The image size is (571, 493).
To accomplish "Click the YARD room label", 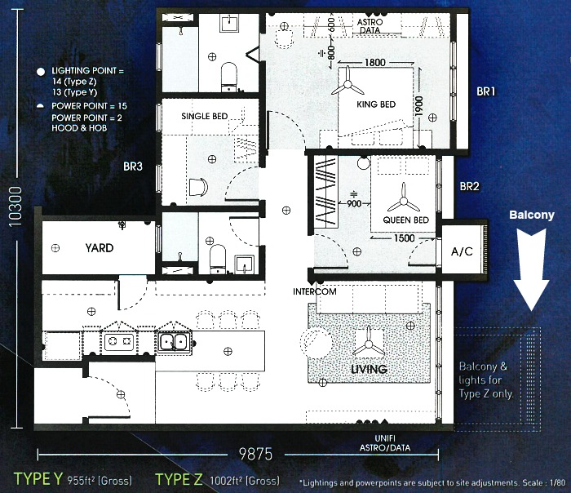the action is pyautogui.click(x=100, y=248).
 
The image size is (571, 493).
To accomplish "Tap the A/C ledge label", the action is pyautogui.click(x=462, y=251).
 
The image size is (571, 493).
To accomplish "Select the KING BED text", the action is pyautogui.click(x=376, y=104).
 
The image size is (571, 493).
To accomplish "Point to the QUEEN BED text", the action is pyautogui.click(x=406, y=220).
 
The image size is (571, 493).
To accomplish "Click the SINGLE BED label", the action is pyautogui.click(x=205, y=116).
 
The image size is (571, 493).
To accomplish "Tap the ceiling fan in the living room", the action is pyautogui.click(x=369, y=344).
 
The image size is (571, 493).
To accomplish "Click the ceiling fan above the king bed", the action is pyautogui.click(x=347, y=85).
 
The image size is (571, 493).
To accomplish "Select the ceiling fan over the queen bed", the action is pyautogui.click(x=404, y=201).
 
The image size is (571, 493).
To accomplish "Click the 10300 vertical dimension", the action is pyautogui.click(x=15, y=207).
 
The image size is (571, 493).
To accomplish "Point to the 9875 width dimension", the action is pyautogui.click(x=255, y=454).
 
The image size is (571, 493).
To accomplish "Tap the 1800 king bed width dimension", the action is pyautogui.click(x=375, y=63).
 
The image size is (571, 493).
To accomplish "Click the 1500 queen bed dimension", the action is pyautogui.click(x=405, y=238).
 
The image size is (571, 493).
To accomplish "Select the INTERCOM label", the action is pyautogui.click(x=315, y=291).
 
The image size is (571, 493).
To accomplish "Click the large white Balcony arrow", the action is pyautogui.click(x=531, y=269).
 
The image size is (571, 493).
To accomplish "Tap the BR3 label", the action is pyautogui.click(x=133, y=167).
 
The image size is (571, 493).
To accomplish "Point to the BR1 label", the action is pyautogui.click(x=486, y=91).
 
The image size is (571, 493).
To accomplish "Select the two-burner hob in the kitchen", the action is pyautogui.click(x=119, y=342).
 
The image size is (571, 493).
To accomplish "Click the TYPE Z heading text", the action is pyautogui.click(x=179, y=479).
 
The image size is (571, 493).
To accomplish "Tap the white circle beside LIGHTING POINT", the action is pyautogui.click(x=41, y=71).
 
